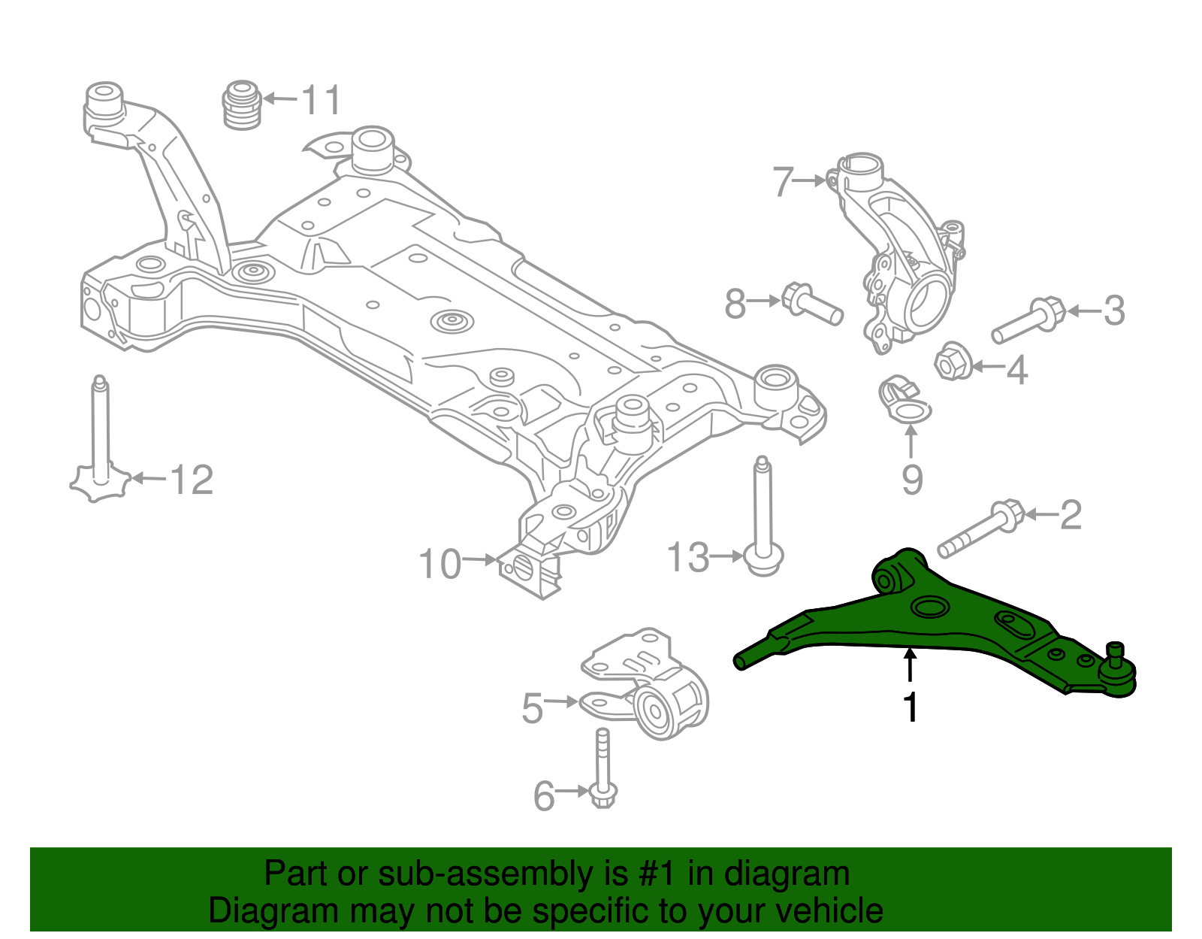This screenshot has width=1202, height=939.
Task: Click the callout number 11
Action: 321,100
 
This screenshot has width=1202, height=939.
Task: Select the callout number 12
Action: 192,480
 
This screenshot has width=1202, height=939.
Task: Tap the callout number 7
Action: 783,181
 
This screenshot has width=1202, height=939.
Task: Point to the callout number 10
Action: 439,564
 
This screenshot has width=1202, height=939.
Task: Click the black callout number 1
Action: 911,707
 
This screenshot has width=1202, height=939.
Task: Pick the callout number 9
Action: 912,480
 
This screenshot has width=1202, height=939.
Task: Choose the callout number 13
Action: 687,558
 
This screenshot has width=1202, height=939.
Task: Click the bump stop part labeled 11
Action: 242,105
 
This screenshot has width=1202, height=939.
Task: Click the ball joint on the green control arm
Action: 1117,671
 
